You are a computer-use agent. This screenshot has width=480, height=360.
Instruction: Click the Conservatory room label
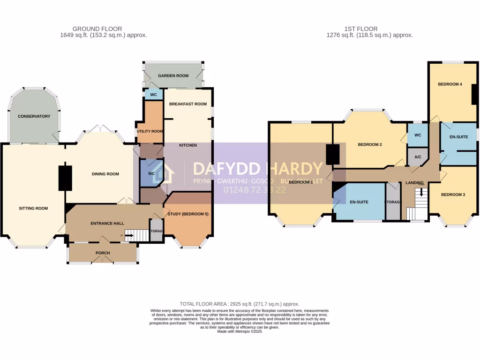pyautogui.click(x=34, y=116)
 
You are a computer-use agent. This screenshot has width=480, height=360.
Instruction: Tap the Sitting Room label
pyautogui.click(x=33, y=208)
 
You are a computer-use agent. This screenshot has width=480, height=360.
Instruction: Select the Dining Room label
pyautogui.click(x=105, y=174)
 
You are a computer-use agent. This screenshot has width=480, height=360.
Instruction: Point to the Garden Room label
pyautogui.click(x=173, y=75)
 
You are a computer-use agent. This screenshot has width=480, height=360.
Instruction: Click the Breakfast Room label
pyautogui.click(x=187, y=104)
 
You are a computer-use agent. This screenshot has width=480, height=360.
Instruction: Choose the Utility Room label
pyautogui.click(x=150, y=131)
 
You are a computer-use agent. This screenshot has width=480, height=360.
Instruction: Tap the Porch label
pyautogui.click(x=103, y=253)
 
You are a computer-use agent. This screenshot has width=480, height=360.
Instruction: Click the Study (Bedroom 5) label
pyautogui.click(x=187, y=214)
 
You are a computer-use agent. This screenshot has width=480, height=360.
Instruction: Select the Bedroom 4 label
pyautogui.click(x=450, y=84)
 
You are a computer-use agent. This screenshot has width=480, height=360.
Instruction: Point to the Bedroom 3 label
pyautogui.click(x=453, y=194)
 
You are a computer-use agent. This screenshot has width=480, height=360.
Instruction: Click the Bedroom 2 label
pyautogui.click(x=370, y=145)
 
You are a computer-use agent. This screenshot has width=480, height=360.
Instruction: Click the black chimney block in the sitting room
pyautogui.click(x=65, y=178)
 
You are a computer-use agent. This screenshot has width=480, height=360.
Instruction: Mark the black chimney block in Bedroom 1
pyautogui.click(x=332, y=154)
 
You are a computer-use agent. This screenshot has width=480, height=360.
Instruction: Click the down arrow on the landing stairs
pyautogui.click(x=421, y=192)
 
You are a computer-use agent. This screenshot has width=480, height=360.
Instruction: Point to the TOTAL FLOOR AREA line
pyautogui.click(x=240, y=304)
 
